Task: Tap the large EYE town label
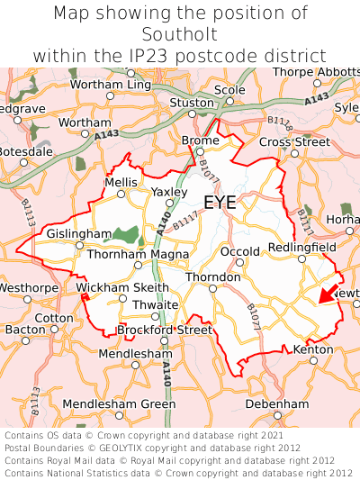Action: (220, 203)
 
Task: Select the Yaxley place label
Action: (169, 192)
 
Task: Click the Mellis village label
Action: (121, 181)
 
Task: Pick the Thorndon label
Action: (212, 276)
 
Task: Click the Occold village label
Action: (239, 251)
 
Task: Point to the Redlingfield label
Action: (301, 247)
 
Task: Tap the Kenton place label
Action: (313, 349)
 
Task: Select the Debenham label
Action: (270, 404)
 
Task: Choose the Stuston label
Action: (192, 103)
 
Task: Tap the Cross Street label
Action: (294, 141)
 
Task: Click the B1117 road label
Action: (185, 220)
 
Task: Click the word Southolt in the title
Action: (180, 34)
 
